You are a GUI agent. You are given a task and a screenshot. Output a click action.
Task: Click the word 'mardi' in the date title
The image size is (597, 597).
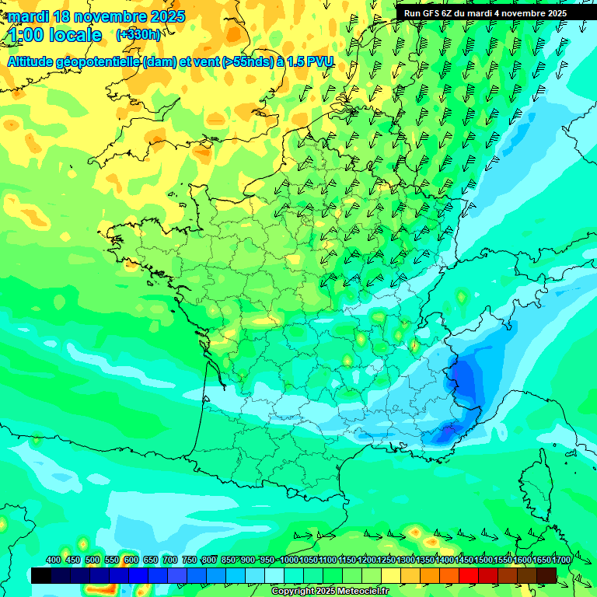(x=28, y=16)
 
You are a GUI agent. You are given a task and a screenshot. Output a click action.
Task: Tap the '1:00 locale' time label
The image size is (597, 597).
(x=56, y=35)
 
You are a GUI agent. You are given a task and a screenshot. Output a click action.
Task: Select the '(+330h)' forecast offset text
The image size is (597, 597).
(x=138, y=35)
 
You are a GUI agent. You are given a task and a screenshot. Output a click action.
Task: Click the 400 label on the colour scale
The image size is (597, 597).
(x=54, y=560)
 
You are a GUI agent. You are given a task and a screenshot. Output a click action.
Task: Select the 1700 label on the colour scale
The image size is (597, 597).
(x=561, y=560)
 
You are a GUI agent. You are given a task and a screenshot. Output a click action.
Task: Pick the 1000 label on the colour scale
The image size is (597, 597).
(x=289, y=560)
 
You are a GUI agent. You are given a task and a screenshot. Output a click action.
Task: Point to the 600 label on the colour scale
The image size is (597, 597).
(x=131, y=560)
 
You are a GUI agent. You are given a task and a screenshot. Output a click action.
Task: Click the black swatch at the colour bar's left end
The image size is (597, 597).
(x=41, y=575)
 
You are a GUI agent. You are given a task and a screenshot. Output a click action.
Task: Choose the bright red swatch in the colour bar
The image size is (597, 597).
(x=469, y=575)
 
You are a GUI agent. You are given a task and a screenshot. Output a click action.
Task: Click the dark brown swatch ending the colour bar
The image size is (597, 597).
(x=546, y=575)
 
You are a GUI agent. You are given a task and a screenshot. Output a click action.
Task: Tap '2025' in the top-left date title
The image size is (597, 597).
(x=167, y=16)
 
